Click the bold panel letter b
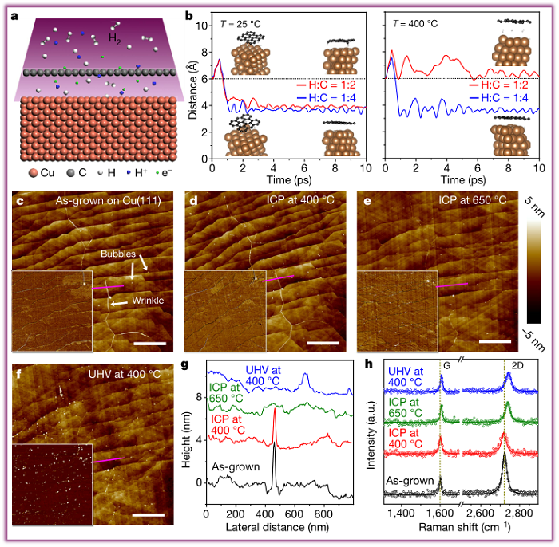pos(189,15)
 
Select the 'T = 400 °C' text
pos(420,24)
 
